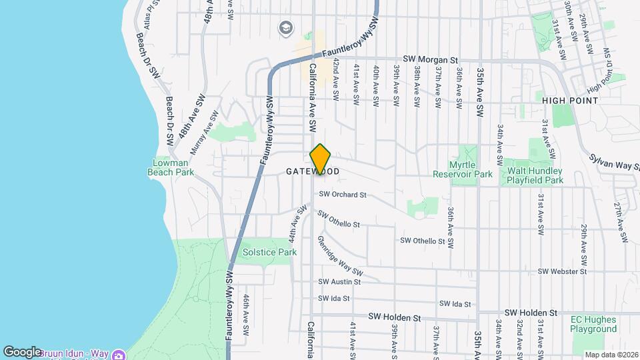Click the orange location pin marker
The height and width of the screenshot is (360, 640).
[320, 159]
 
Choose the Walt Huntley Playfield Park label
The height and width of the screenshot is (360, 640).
[534, 175]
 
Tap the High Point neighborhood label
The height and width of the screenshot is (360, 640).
[569, 100]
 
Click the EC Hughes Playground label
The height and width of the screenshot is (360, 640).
[594, 324]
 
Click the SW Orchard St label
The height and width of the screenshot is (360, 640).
[343, 195]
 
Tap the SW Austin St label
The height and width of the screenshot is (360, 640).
[339, 282]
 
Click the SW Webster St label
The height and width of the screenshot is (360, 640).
[562, 272]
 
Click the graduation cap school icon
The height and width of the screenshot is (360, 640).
[285, 27]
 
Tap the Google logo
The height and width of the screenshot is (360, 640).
[22, 351]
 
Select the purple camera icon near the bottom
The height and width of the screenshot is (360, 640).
[119, 355]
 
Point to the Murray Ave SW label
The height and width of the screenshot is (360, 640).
[205, 133]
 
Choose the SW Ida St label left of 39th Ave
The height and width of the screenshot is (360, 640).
[333, 298]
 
